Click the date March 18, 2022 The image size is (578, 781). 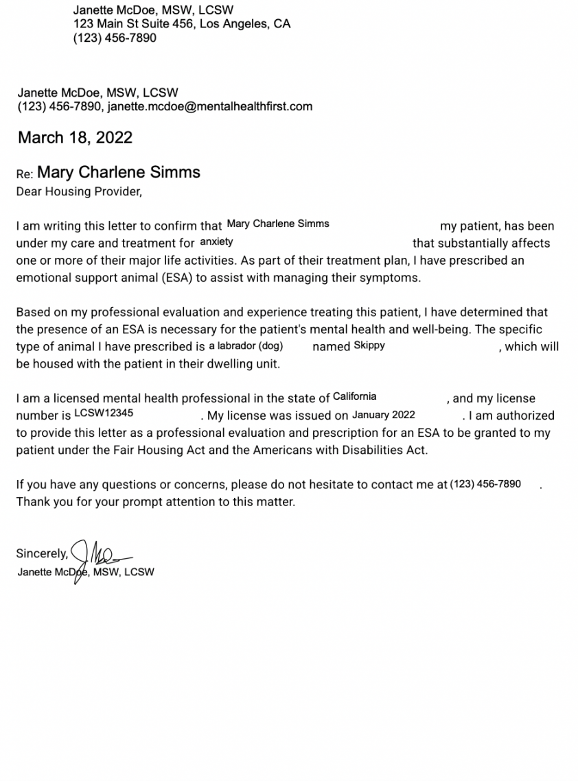[x=75, y=138]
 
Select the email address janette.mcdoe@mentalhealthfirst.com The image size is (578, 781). [x=209, y=107]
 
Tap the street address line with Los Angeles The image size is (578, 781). [x=182, y=24]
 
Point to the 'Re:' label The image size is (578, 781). [x=25, y=174]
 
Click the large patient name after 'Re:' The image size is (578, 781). [x=119, y=172]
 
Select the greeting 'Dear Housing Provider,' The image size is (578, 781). [x=79, y=192]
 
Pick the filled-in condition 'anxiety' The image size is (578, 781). [x=216, y=242]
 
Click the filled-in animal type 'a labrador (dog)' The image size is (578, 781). [x=246, y=346]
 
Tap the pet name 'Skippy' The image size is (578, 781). [x=369, y=346]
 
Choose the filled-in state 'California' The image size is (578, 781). [x=354, y=397]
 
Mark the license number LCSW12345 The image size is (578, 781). [x=104, y=413]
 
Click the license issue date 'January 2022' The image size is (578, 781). [x=383, y=415]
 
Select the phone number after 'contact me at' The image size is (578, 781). [x=485, y=484]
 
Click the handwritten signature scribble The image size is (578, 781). [x=96, y=554]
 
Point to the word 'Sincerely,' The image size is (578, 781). [x=42, y=554]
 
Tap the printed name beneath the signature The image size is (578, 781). [x=86, y=572]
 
